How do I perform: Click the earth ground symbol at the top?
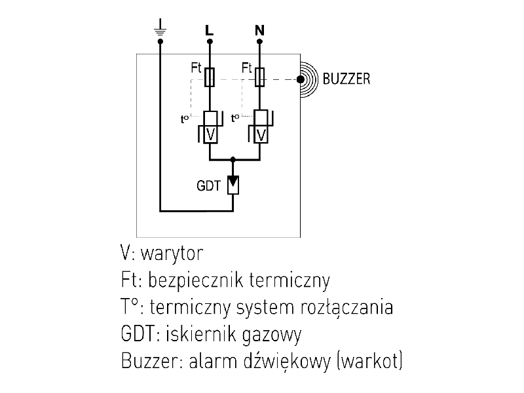(x=160, y=28)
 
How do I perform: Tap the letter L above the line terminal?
(x=209, y=30)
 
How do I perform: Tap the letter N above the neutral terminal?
(x=259, y=30)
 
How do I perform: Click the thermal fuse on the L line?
(x=210, y=77)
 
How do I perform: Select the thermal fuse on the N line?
(x=259, y=77)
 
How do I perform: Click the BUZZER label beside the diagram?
(x=346, y=80)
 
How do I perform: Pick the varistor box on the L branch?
(x=210, y=134)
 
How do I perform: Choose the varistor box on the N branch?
(x=260, y=134)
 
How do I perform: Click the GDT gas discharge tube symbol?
(x=233, y=184)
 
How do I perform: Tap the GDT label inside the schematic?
(x=208, y=185)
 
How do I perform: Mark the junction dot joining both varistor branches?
(x=234, y=159)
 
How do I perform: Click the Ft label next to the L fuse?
(x=196, y=67)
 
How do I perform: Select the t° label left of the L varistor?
(x=185, y=119)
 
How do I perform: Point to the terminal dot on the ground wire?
(x=160, y=41)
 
